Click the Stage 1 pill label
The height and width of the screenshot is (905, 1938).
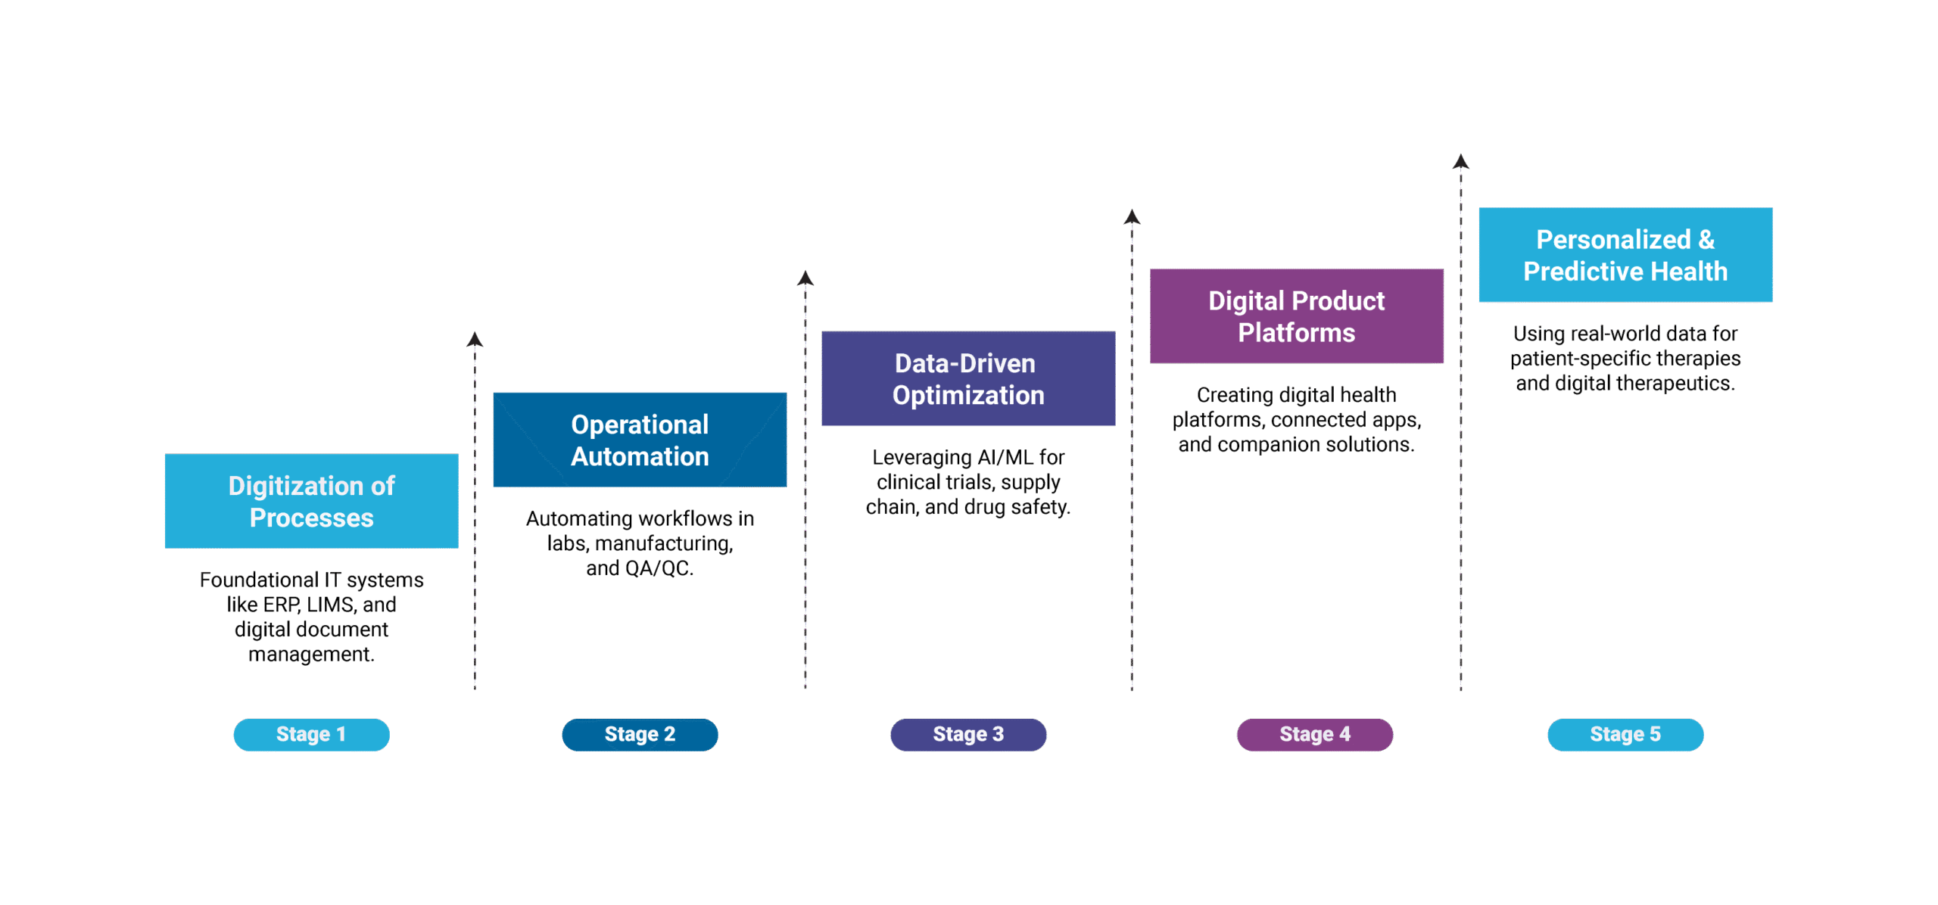(x=311, y=735)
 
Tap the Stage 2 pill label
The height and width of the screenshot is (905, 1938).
(x=640, y=735)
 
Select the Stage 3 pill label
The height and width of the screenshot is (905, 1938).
(x=968, y=735)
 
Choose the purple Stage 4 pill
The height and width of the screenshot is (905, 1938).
(x=1315, y=735)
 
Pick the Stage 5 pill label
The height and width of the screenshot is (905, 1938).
(x=1625, y=735)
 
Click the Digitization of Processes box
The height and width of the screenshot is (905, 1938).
(x=311, y=501)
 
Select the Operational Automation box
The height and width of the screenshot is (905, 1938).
(x=640, y=440)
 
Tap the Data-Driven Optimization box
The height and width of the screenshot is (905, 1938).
(x=968, y=378)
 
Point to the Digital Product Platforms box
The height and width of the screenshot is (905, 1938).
(x=1296, y=316)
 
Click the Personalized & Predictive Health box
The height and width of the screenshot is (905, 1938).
(x=1625, y=255)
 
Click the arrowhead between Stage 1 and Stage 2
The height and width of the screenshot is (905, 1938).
(x=475, y=339)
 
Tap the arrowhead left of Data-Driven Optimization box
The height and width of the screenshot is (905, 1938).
(x=805, y=278)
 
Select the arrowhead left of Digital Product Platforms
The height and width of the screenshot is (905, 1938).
(x=1132, y=217)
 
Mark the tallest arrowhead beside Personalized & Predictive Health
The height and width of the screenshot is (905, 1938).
(x=1461, y=161)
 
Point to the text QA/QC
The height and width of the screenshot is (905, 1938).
(x=659, y=568)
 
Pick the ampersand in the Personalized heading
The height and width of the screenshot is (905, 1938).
(x=1706, y=240)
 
